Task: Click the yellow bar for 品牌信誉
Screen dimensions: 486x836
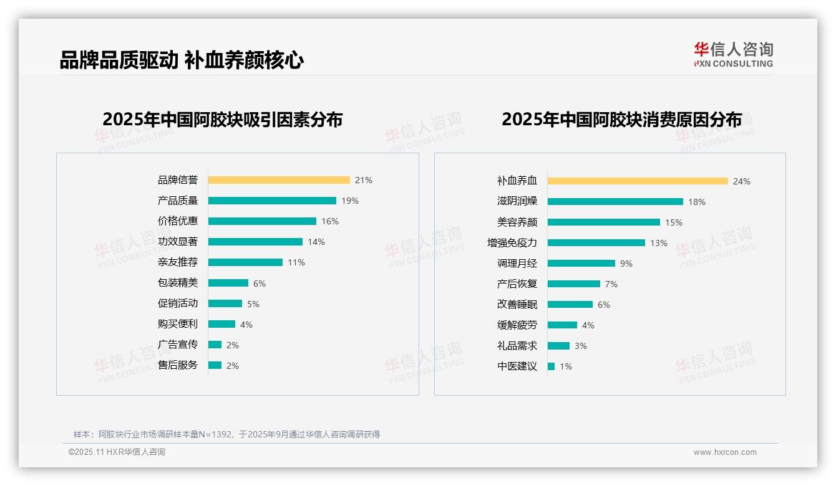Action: coord(279,180)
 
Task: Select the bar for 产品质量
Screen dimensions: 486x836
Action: coord(272,201)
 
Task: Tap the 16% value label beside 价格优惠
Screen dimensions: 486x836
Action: coord(330,221)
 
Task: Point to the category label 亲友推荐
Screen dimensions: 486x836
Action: coord(178,262)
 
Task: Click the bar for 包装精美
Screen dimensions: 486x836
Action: coord(228,283)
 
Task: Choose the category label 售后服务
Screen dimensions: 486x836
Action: coord(178,365)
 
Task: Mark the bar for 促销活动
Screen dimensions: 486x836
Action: coord(225,303)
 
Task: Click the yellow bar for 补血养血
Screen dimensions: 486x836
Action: coord(638,181)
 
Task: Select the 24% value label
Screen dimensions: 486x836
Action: coord(742,181)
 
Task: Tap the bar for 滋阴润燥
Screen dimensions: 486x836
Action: coord(615,202)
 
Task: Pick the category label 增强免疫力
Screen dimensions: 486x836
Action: coord(512,243)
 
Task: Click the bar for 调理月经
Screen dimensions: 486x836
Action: coord(581,264)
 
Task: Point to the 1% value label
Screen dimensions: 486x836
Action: coord(566,366)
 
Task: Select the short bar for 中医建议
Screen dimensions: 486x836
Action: coord(552,366)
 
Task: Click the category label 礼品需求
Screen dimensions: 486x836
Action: coord(517,346)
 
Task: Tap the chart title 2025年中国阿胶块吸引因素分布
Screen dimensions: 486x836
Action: coord(223,120)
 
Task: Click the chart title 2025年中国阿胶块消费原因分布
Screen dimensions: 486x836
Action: coord(621,120)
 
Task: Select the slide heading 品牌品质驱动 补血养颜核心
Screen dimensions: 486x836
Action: coord(182,60)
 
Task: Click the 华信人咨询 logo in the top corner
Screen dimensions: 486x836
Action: coord(733,54)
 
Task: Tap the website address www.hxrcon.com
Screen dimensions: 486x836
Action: coord(725,452)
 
